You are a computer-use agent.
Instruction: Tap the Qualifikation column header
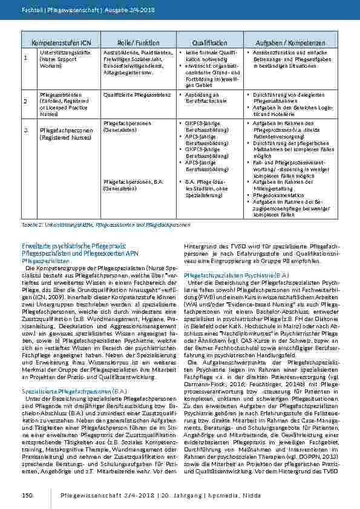click(210, 44)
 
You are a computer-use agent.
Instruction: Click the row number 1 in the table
click(25, 58)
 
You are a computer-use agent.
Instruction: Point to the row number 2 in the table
click(25, 102)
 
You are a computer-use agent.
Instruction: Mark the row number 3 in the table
click(25, 130)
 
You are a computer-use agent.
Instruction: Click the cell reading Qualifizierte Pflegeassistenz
click(129, 96)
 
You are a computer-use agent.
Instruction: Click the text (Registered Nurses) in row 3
click(63, 138)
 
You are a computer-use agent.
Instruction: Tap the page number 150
click(27, 495)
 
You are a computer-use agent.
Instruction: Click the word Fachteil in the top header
click(30, 10)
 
